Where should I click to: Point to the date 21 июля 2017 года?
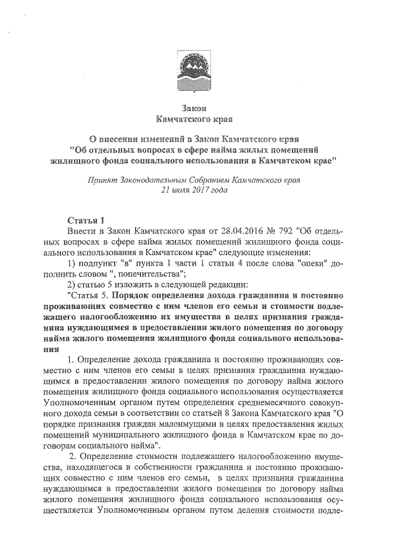[x=196, y=191]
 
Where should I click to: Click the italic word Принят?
[x=103, y=180]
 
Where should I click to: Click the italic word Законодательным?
[x=157, y=180]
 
